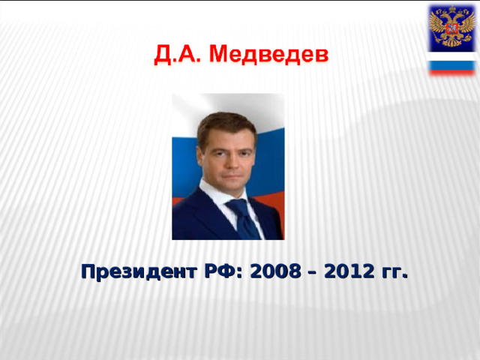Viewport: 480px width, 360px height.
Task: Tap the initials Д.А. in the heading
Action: [x=178, y=55]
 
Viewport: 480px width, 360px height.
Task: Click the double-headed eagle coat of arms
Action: [x=450, y=27]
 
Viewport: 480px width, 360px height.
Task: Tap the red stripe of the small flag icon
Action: [x=450, y=72]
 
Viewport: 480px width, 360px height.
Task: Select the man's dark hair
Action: [x=225, y=122]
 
